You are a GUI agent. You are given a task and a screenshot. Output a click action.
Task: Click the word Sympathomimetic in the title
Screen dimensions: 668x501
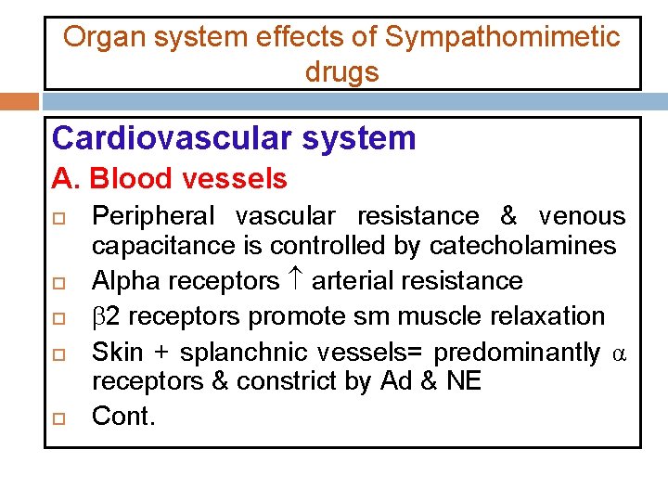tap(502, 37)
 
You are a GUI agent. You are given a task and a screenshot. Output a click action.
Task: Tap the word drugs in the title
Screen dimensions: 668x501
tap(341, 72)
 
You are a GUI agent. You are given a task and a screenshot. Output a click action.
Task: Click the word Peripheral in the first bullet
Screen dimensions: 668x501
tap(153, 216)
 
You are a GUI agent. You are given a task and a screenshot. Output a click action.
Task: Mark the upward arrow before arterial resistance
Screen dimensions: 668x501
tap(295, 279)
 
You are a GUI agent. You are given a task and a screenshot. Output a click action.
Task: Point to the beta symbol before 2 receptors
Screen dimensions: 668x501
tap(98, 316)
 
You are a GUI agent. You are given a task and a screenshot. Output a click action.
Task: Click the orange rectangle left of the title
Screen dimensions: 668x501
tap(19, 100)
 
